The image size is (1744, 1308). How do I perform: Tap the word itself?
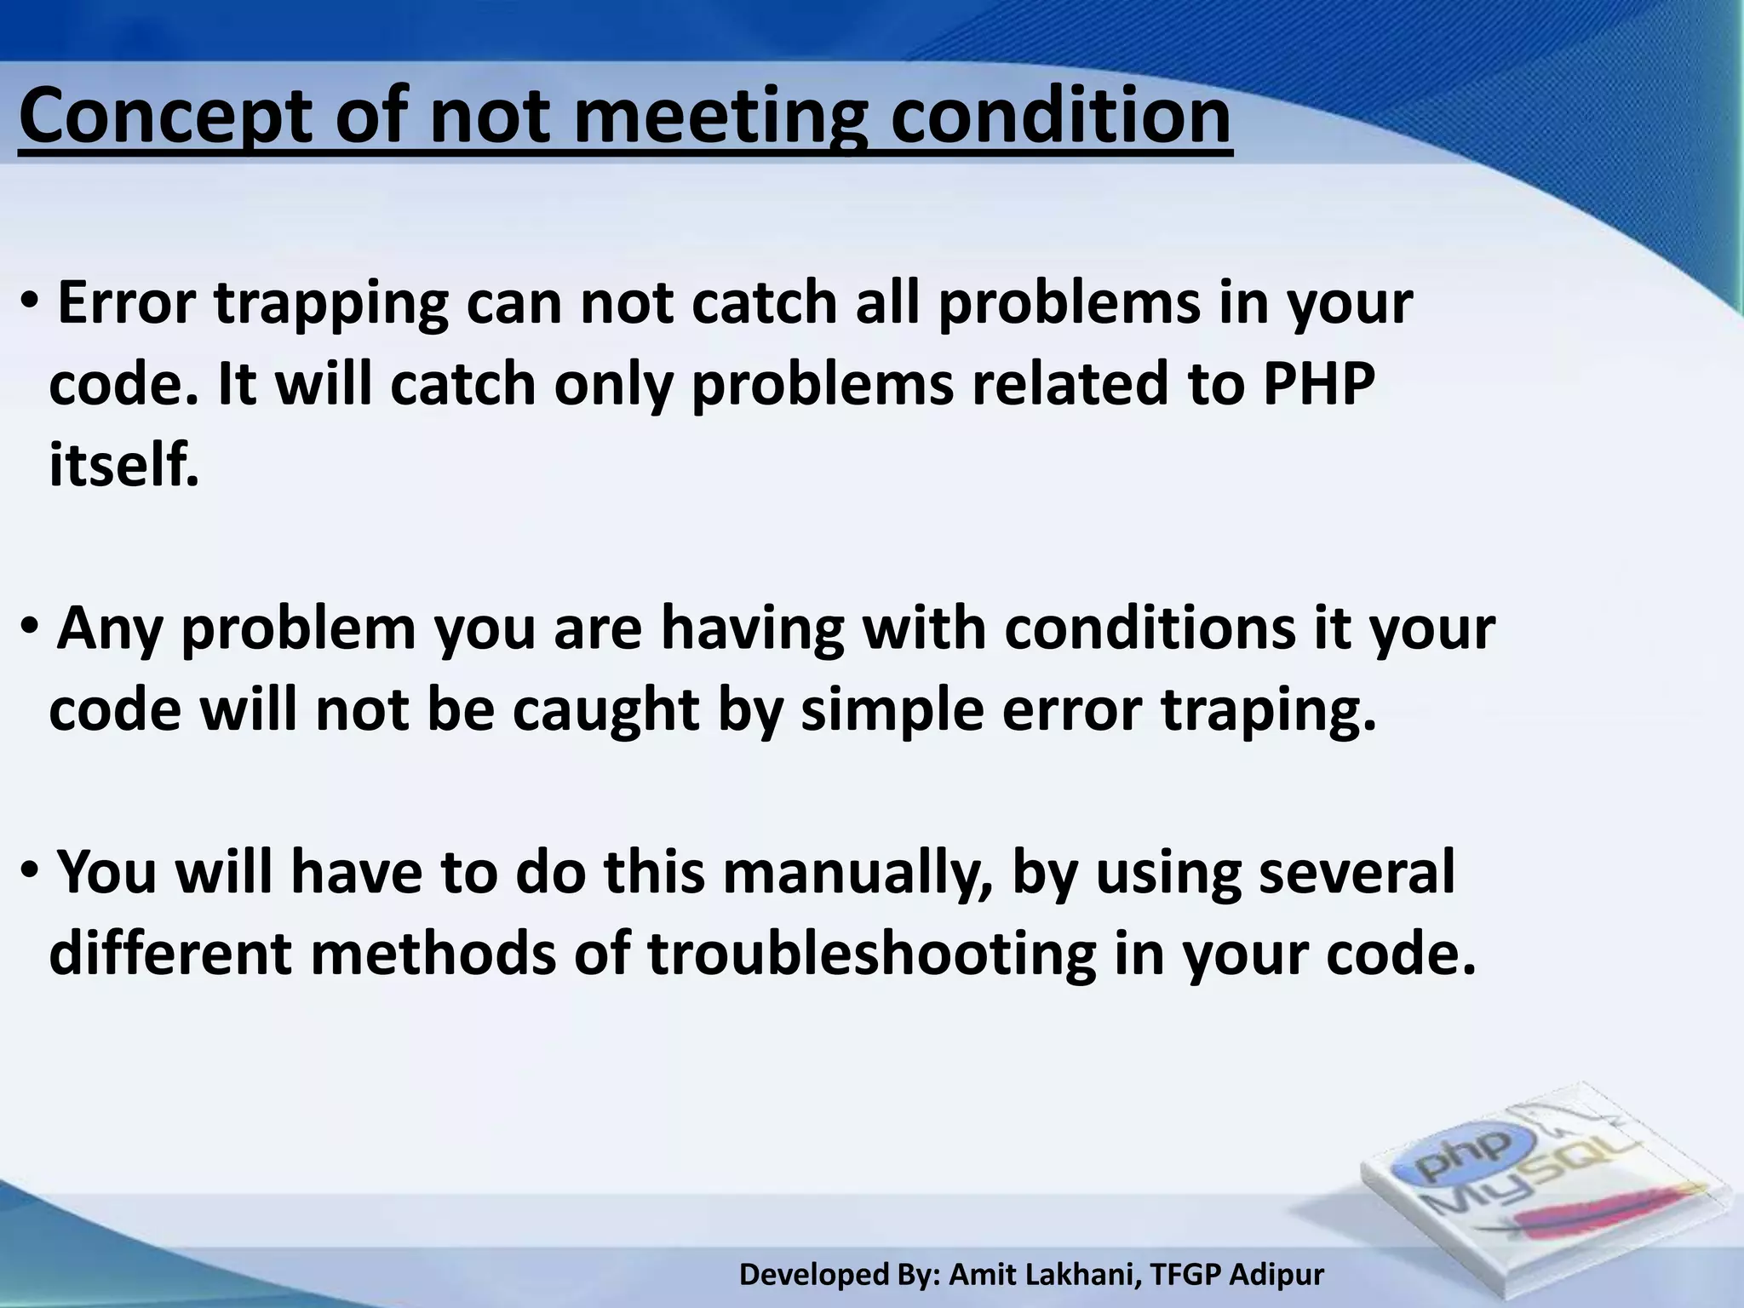click(x=124, y=466)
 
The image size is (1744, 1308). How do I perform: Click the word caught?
click(x=605, y=709)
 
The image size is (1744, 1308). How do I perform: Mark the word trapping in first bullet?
click(x=331, y=304)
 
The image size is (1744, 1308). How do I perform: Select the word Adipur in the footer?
click(x=1277, y=1275)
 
